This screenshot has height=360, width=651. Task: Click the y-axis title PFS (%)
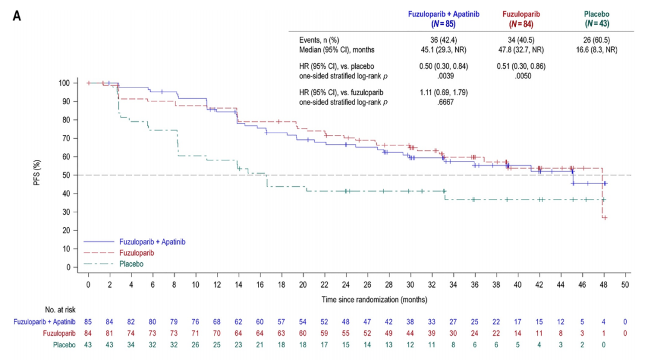point(37,174)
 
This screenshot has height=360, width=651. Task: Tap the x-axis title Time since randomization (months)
point(358,298)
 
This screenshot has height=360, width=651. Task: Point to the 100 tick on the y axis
point(64,83)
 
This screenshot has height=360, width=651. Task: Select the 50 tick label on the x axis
point(625,283)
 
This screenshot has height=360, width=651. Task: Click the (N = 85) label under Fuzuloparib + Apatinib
point(442,24)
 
